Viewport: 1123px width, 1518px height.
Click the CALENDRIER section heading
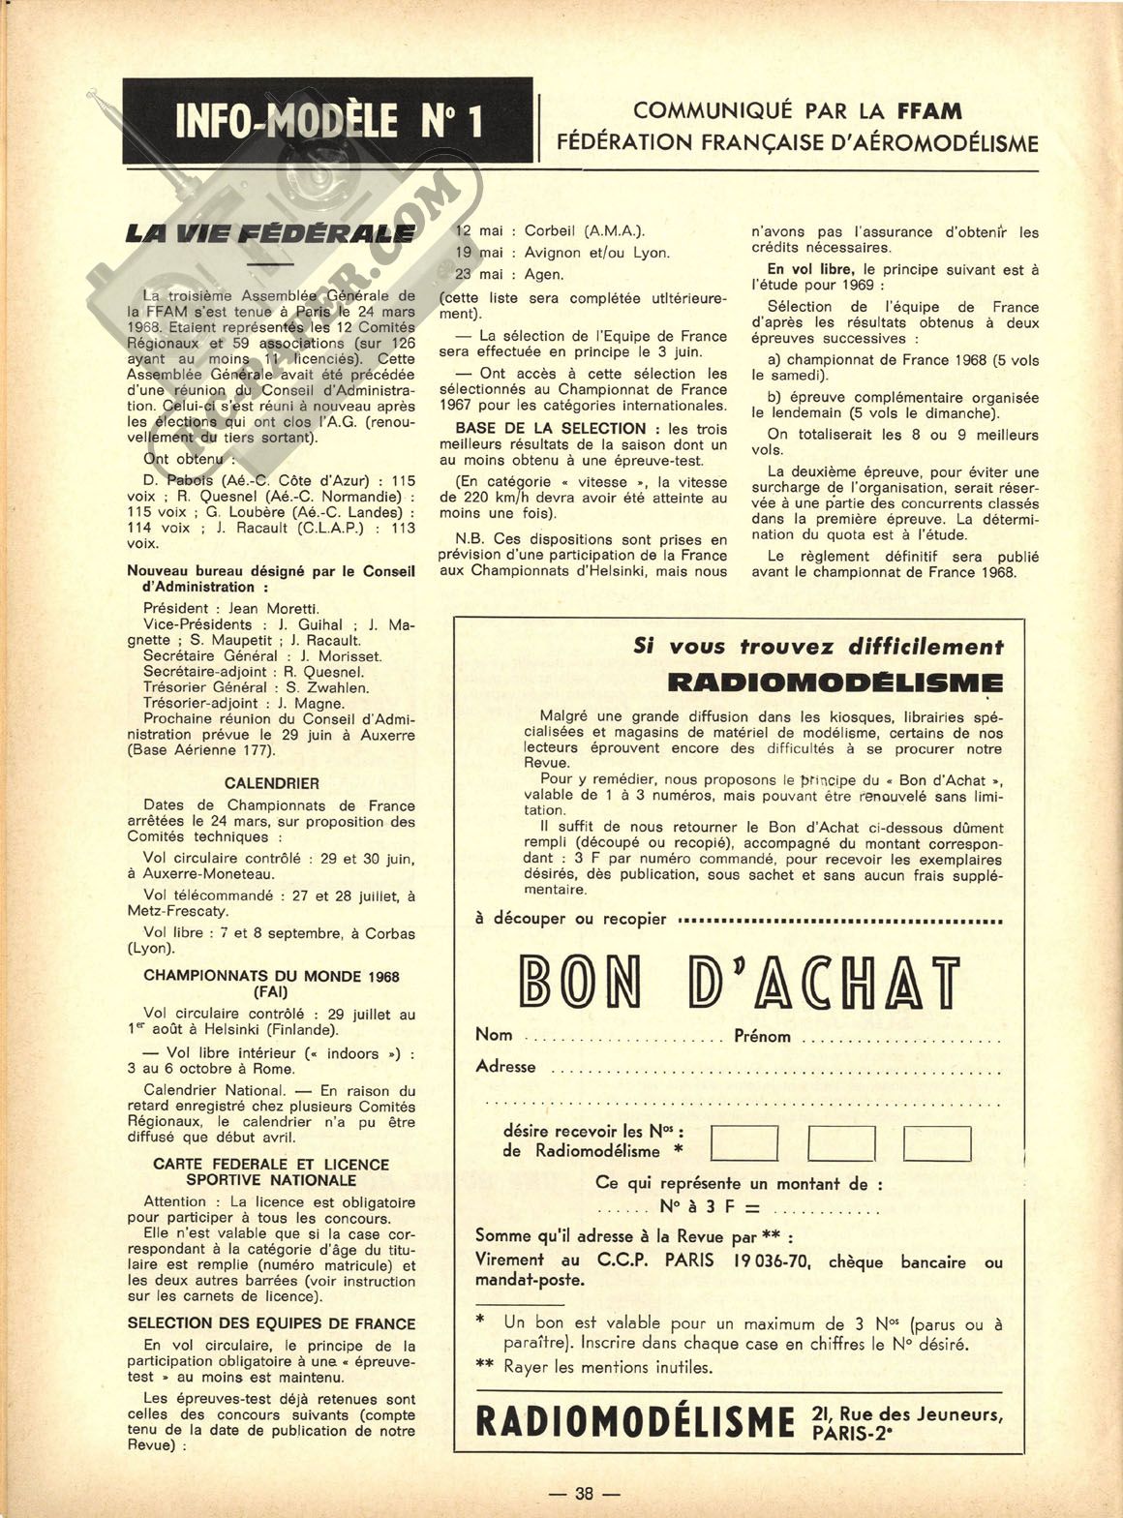(271, 783)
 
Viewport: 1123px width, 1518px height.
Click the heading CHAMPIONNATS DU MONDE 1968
(271, 977)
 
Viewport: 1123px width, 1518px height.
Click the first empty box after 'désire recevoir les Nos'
(744, 1143)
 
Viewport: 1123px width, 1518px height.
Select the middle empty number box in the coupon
(840, 1143)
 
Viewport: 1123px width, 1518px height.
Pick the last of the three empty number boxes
(937, 1143)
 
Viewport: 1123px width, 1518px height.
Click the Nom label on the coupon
(494, 1035)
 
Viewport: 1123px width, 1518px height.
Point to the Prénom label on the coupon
(762, 1036)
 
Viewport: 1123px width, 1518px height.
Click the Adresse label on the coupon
(505, 1067)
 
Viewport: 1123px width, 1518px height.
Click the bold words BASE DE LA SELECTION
(550, 428)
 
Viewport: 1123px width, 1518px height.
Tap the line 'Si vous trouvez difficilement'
(818, 647)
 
